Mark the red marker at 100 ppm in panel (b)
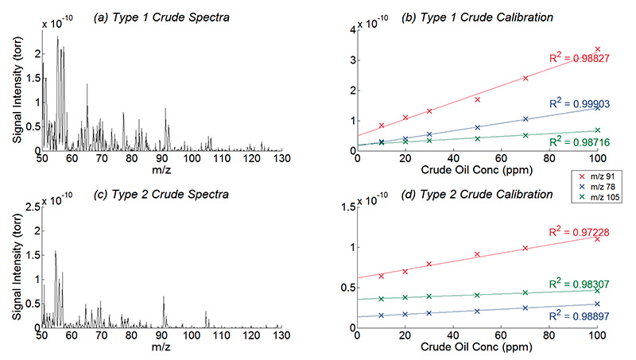597,49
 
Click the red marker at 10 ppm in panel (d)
382,276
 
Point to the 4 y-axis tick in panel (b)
351,30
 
